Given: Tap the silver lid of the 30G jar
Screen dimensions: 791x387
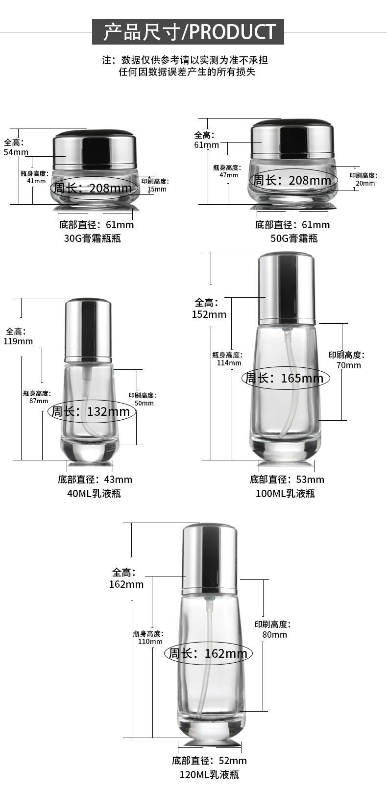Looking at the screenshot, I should coord(93,146).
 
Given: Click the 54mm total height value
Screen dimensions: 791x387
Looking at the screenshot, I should coord(16,152).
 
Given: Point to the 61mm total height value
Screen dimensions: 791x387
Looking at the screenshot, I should coord(206,145).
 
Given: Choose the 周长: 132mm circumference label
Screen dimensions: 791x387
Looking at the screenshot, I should coord(91,411).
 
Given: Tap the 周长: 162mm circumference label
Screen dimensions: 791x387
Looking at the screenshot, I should coord(208,653).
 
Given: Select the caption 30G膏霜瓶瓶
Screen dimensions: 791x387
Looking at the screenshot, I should coord(93,239).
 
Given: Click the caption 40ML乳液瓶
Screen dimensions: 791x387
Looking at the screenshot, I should coord(94,493).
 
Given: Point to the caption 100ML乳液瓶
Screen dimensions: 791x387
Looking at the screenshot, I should coord(285,493).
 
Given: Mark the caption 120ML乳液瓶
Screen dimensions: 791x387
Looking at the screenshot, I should coord(209,774).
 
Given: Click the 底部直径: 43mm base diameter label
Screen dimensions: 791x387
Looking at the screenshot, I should coord(95,479).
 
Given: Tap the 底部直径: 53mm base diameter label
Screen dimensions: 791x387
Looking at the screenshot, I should coord(287,479).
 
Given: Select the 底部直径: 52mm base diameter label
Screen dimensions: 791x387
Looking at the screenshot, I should coord(209,761).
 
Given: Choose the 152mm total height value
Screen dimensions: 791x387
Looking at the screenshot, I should coord(209,314).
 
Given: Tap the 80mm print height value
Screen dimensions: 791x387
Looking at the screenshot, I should coord(275,635).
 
